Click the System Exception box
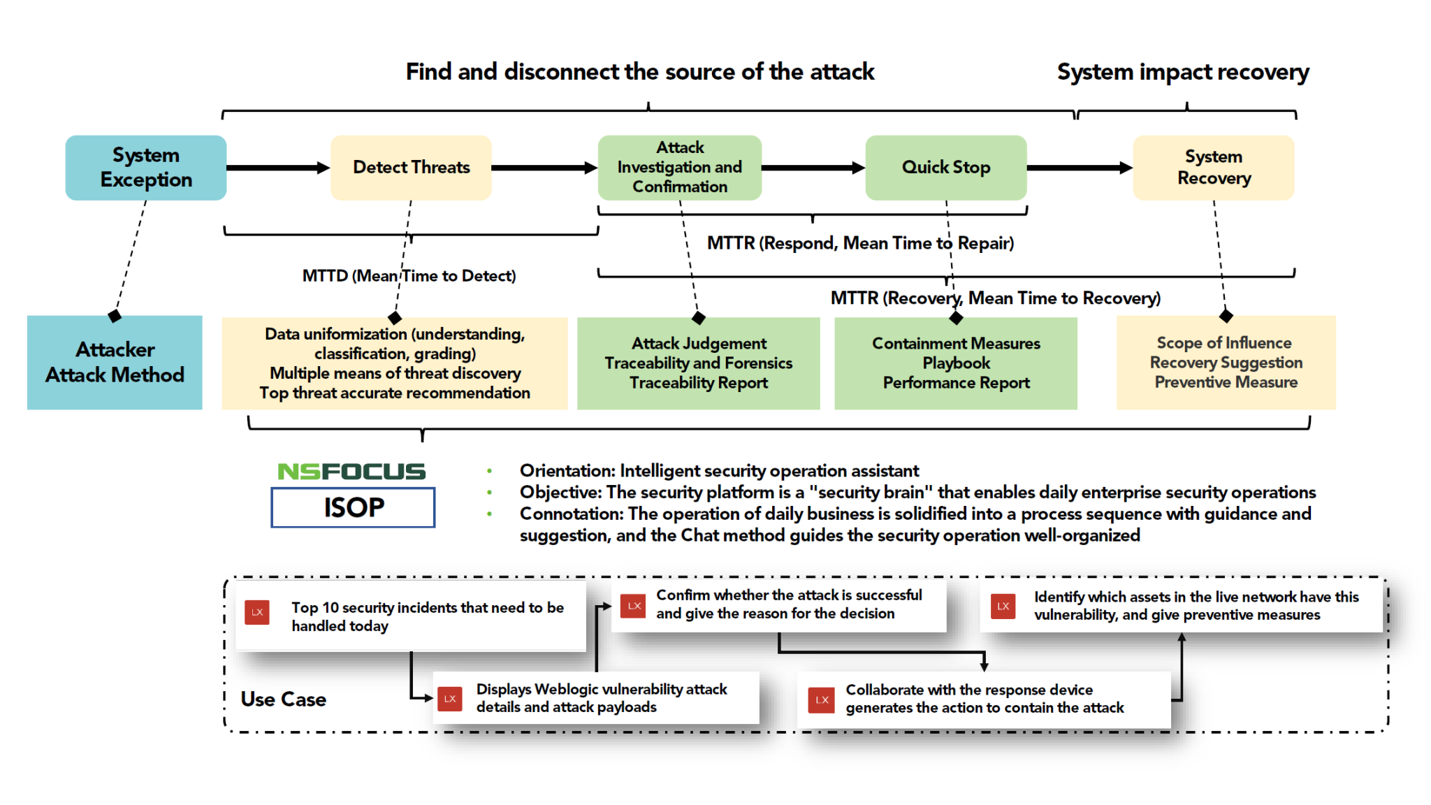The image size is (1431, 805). (145, 168)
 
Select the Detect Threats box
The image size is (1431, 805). (411, 168)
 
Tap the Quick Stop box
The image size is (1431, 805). (945, 168)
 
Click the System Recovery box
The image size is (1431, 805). (1213, 168)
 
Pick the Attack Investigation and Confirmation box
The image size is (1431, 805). (679, 168)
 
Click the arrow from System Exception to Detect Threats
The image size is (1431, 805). (277, 168)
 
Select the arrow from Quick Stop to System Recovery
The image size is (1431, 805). (1079, 168)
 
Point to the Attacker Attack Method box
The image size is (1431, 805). (115, 362)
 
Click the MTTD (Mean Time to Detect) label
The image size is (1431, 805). (409, 276)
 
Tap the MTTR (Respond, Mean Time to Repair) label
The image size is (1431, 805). (860, 243)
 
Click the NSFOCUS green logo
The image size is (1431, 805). (351, 472)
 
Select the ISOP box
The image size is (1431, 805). (353, 507)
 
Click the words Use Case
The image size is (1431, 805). (283, 699)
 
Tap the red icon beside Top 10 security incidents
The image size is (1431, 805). (257, 612)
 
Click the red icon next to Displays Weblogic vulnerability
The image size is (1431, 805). (449, 699)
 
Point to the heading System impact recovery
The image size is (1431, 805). (1182, 72)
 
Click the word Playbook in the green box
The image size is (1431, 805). (956, 363)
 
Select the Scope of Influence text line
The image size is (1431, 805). (1224, 343)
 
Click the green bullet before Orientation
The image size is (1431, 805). (489, 472)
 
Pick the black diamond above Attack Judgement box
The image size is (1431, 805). (698, 319)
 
